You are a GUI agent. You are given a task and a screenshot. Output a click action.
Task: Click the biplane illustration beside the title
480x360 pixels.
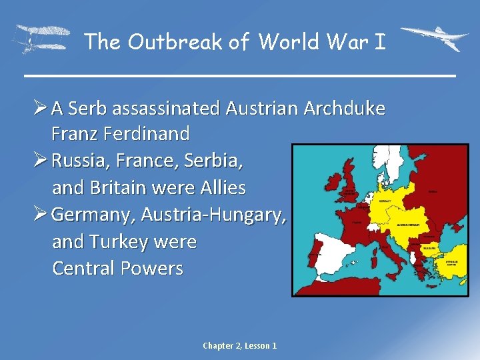coord(41,39)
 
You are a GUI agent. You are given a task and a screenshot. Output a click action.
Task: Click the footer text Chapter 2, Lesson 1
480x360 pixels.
coord(240,345)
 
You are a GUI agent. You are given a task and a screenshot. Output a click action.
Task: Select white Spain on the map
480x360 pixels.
coord(325,257)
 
